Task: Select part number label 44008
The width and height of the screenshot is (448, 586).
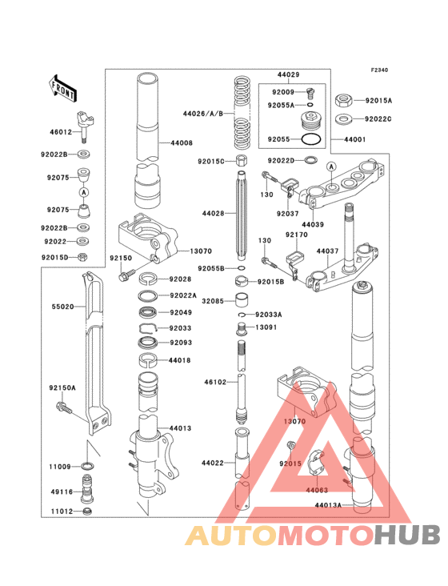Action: [x=181, y=142]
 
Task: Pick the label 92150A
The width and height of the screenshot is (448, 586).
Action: [x=62, y=387]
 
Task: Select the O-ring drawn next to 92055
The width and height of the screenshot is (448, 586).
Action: [x=314, y=138]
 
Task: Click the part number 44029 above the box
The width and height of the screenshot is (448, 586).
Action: [x=288, y=74]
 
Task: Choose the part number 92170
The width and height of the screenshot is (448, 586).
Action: [x=297, y=236]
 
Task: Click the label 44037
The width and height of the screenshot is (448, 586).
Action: [x=326, y=251]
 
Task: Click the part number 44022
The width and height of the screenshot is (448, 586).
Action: [x=212, y=463]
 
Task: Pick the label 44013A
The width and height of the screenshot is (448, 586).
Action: [x=327, y=505]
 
